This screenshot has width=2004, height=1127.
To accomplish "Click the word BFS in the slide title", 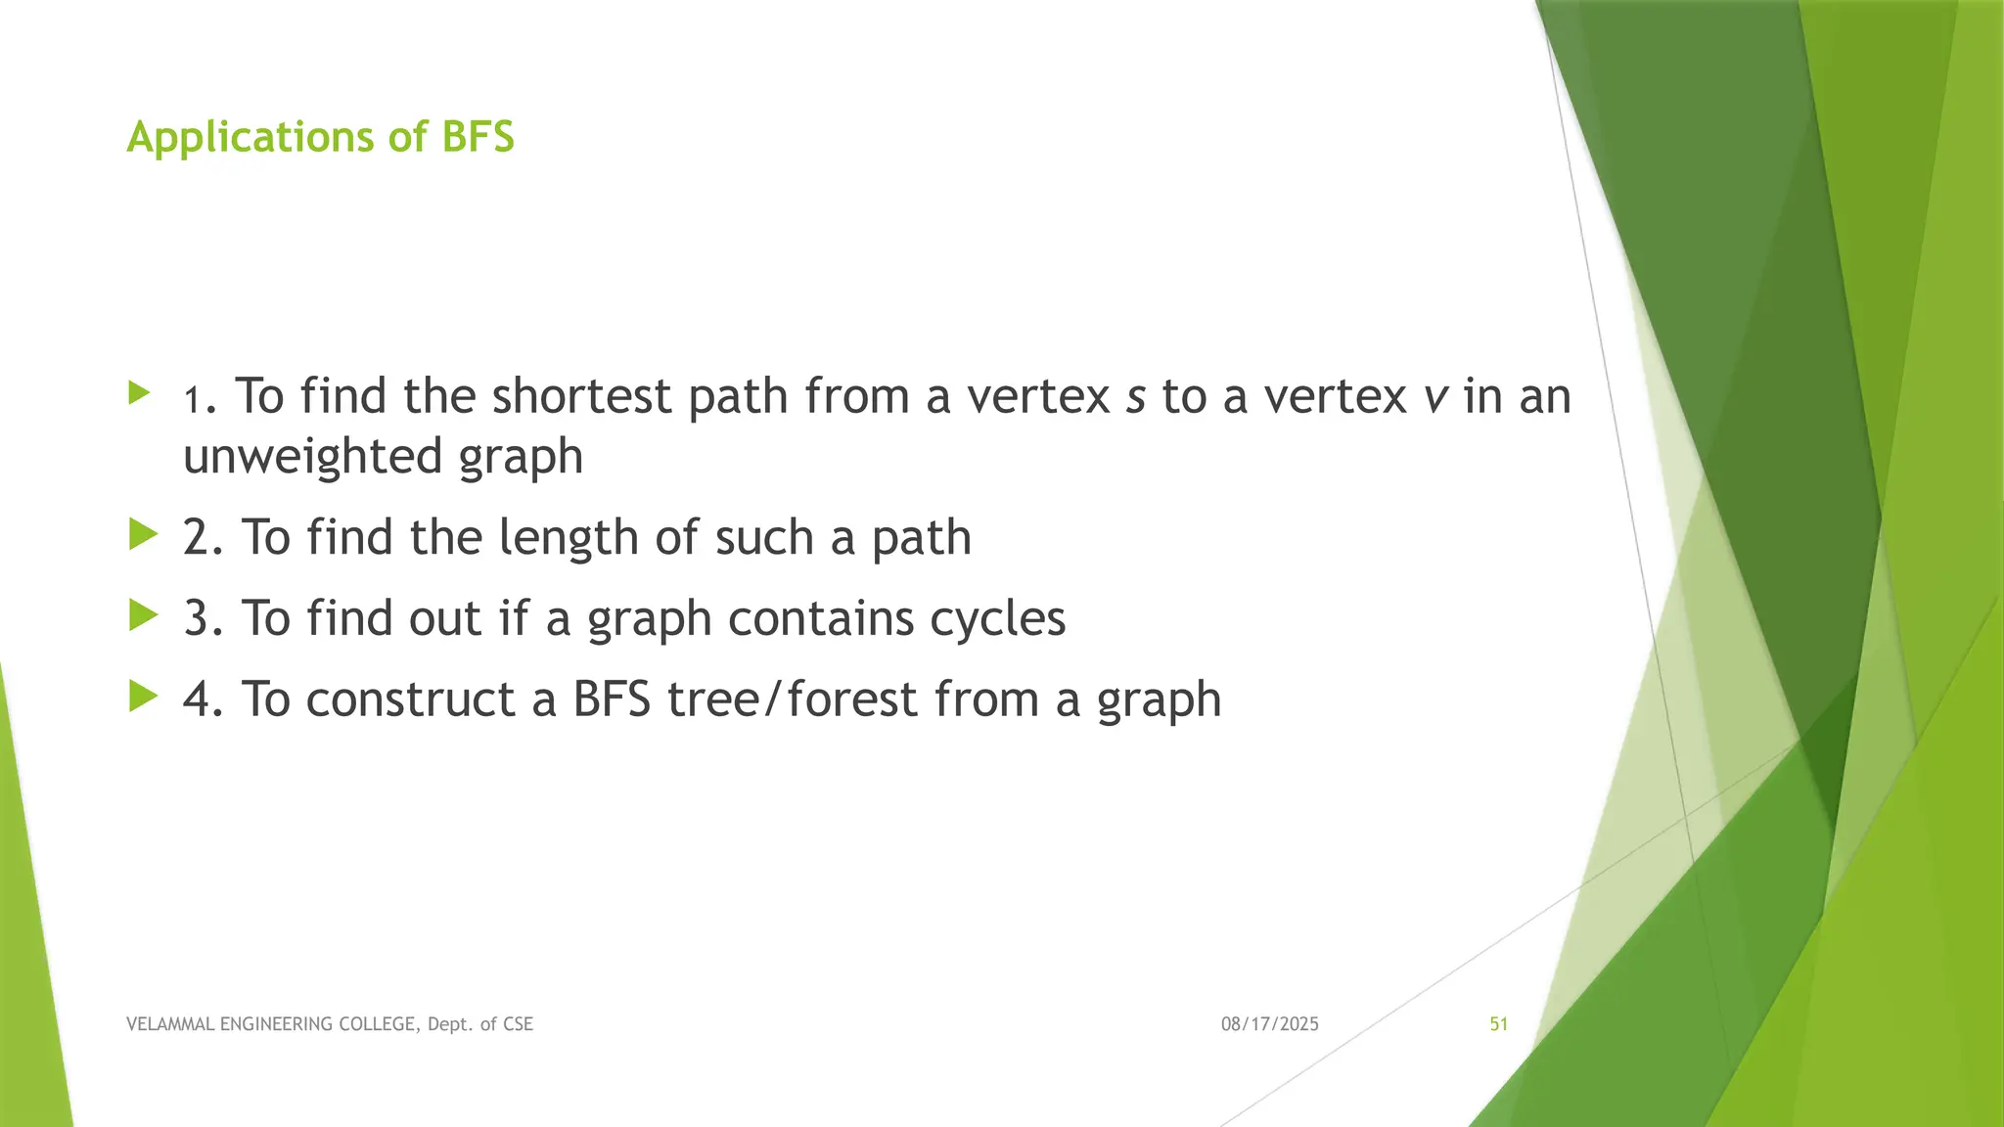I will tap(478, 137).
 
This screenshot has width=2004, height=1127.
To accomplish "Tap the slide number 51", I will tap(1498, 1024).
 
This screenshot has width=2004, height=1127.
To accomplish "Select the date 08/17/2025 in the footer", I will tap(1269, 1024).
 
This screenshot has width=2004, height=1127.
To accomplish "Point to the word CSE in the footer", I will tap(518, 1024).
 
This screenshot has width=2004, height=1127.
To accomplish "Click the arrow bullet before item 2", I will tap(143, 535).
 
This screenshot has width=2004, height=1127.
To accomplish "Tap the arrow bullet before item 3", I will tap(143, 616).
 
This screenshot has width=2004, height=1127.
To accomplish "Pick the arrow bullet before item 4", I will tap(143, 698).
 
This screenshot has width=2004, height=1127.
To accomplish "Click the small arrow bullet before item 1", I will tap(139, 394).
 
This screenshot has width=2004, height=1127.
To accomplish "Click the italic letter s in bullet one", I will tap(1135, 398).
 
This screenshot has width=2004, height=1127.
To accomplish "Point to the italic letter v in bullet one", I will tap(1435, 398).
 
